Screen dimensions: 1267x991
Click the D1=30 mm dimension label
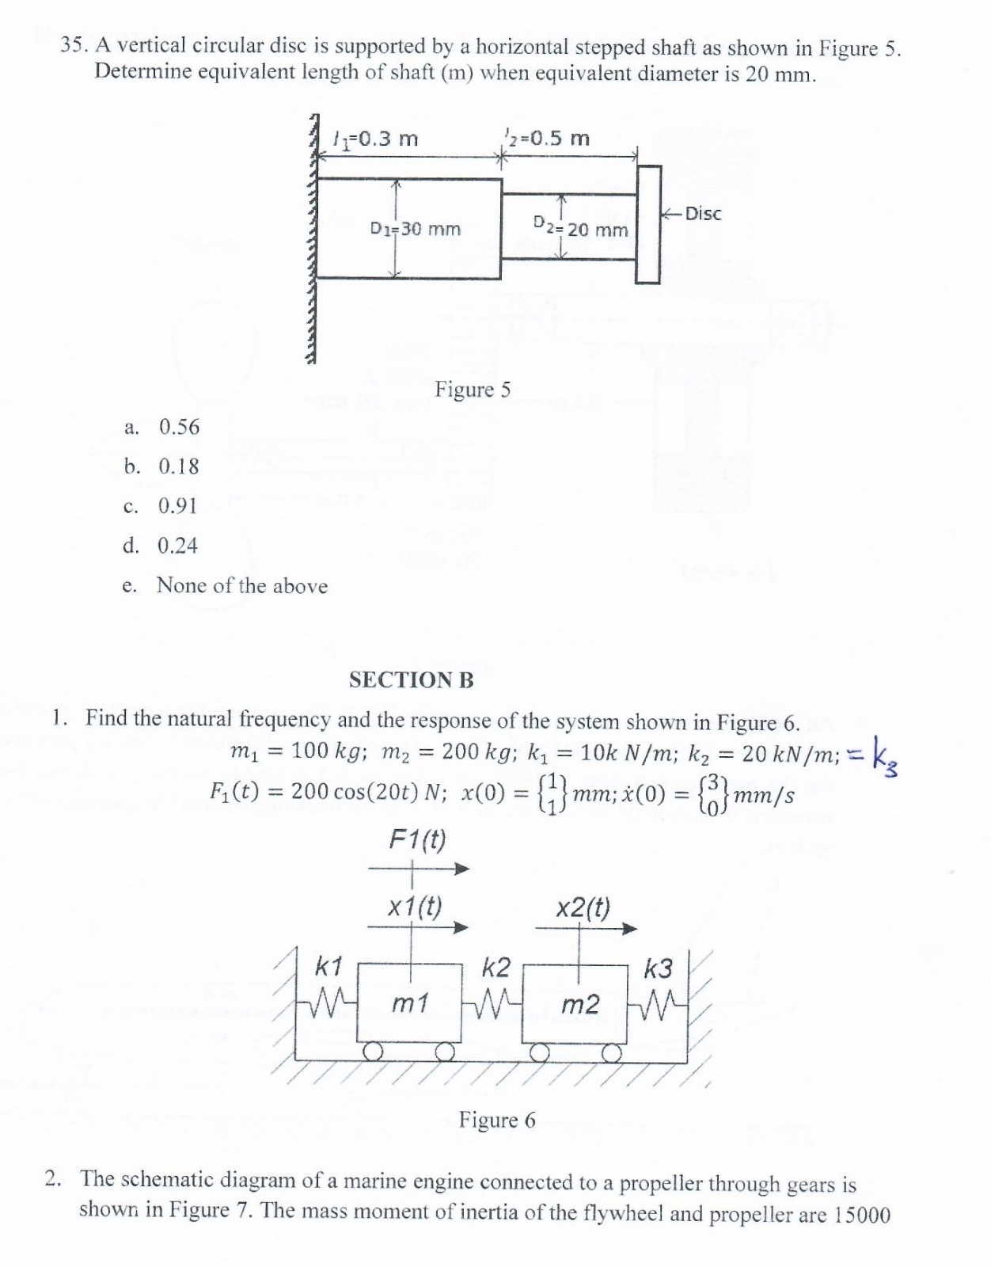[x=416, y=230]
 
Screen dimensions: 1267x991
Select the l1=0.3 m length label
[x=375, y=139]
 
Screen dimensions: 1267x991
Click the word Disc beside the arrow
[x=703, y=214]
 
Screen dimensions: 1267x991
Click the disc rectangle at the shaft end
[x=647, y=224]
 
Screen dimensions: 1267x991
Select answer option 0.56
[x=179, y=428]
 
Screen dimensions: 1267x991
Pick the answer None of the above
[x=241, y=586]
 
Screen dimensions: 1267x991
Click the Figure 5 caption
[x=473, y=390]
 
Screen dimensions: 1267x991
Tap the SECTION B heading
[x=411, y=680]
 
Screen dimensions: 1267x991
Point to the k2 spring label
[x=496, y=968]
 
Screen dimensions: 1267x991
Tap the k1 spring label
[x=328, y=965]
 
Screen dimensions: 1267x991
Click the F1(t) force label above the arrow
[x=417, y=839]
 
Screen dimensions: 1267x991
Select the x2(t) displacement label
[x=583, y=907]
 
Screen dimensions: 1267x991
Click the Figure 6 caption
[x=497, y=1120]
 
